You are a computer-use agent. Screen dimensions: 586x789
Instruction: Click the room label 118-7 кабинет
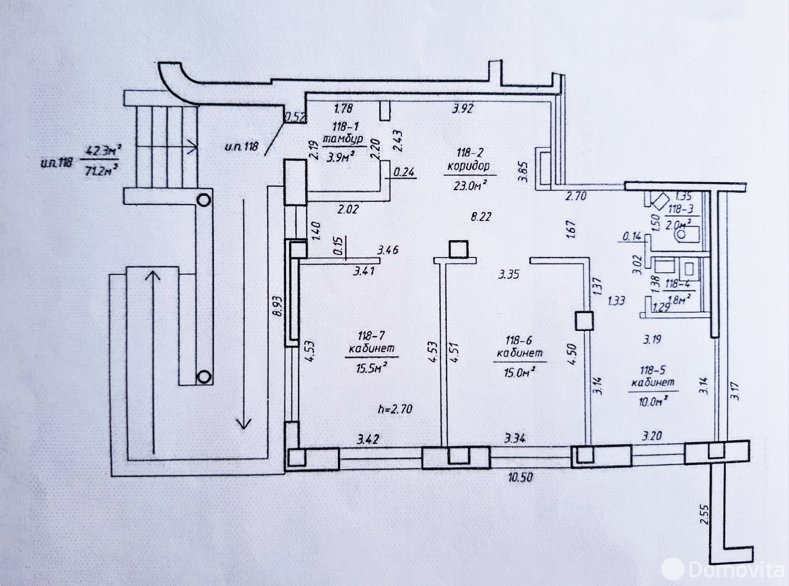coord(371,342)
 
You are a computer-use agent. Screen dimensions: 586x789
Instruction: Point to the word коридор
coord(468,166)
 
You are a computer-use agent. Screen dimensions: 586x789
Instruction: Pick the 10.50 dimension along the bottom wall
coord(520,477)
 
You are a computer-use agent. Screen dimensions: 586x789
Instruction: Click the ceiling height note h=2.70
coord(395,408)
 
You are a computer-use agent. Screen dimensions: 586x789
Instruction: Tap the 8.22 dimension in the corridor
coord(481,216)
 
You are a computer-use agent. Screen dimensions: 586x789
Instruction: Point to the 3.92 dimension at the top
coord(463,109)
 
